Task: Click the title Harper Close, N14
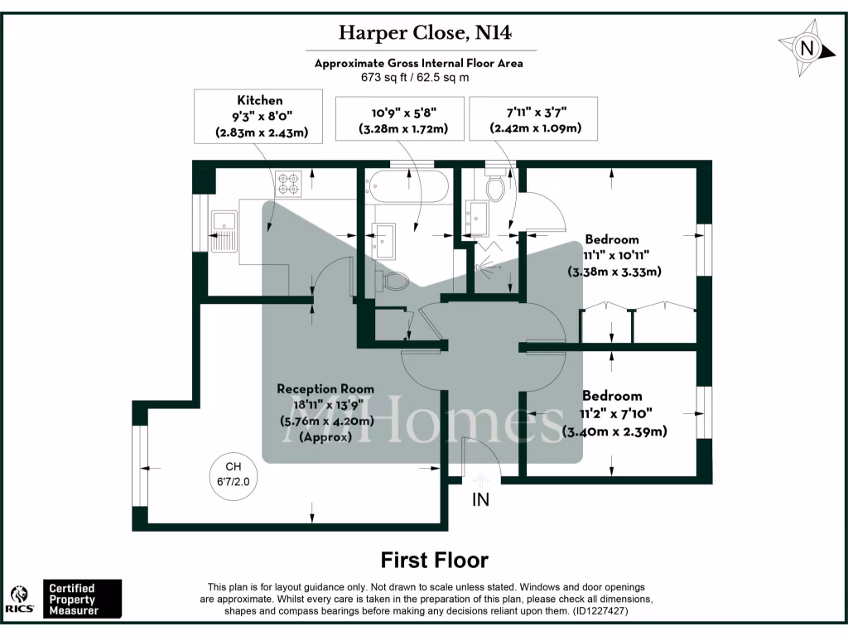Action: pos(425,33)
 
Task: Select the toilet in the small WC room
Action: pos(495,189)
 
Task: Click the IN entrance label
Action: pos(480,499)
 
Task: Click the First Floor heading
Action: pos(434,561)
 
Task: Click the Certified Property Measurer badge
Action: pos(82,600)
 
